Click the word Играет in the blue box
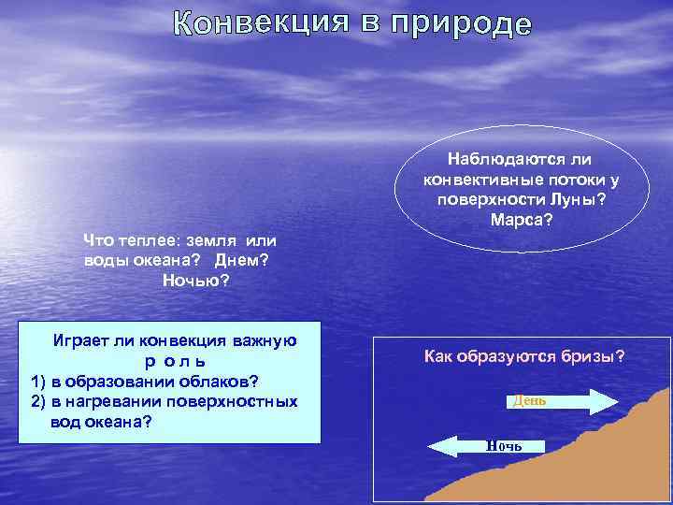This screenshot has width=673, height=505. pyautogui.click(x=79, y=340)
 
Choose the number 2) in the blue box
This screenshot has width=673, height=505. pyautogui.click(x=38, y=401)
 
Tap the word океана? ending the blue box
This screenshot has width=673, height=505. pyautogui.click(x=119, y=421)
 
